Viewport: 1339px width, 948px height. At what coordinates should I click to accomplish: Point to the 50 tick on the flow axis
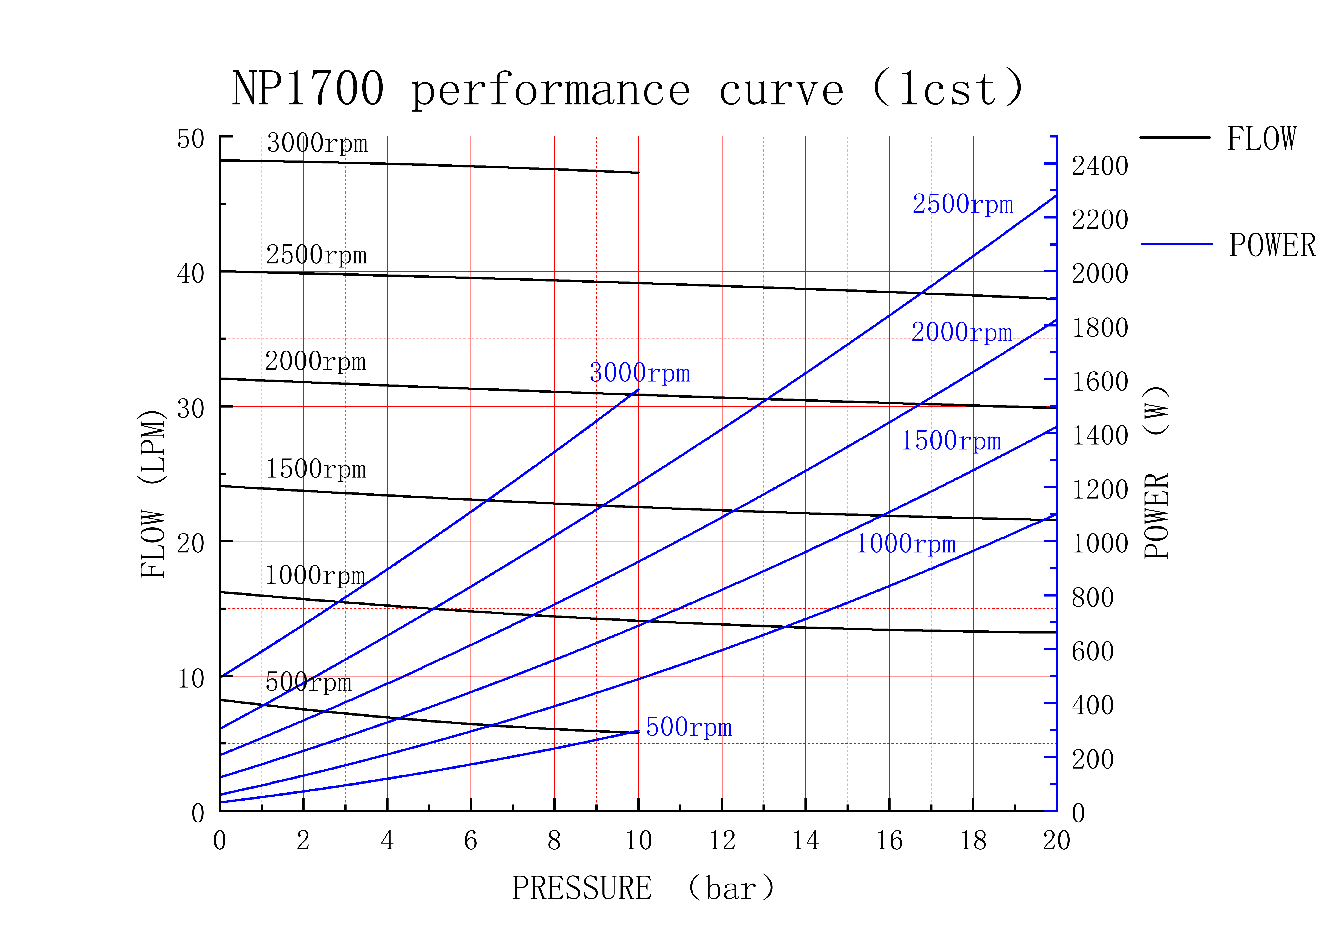(x=191, y=140)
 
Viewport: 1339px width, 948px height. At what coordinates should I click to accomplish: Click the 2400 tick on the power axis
(x=1100, y=166)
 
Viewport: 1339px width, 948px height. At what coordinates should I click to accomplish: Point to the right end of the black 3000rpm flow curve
(x=639, y=173)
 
